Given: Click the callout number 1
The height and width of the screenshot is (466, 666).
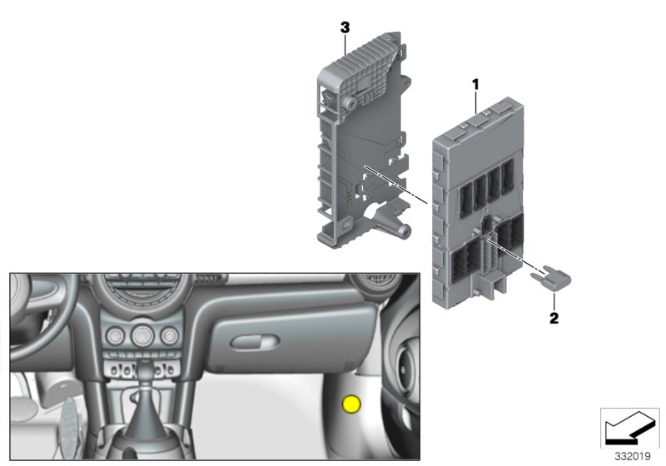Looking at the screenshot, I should pos(475,83).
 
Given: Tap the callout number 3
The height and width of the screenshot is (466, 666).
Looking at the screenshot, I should pos(344,27).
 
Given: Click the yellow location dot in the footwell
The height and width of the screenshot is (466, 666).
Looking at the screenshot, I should pos(352,405).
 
